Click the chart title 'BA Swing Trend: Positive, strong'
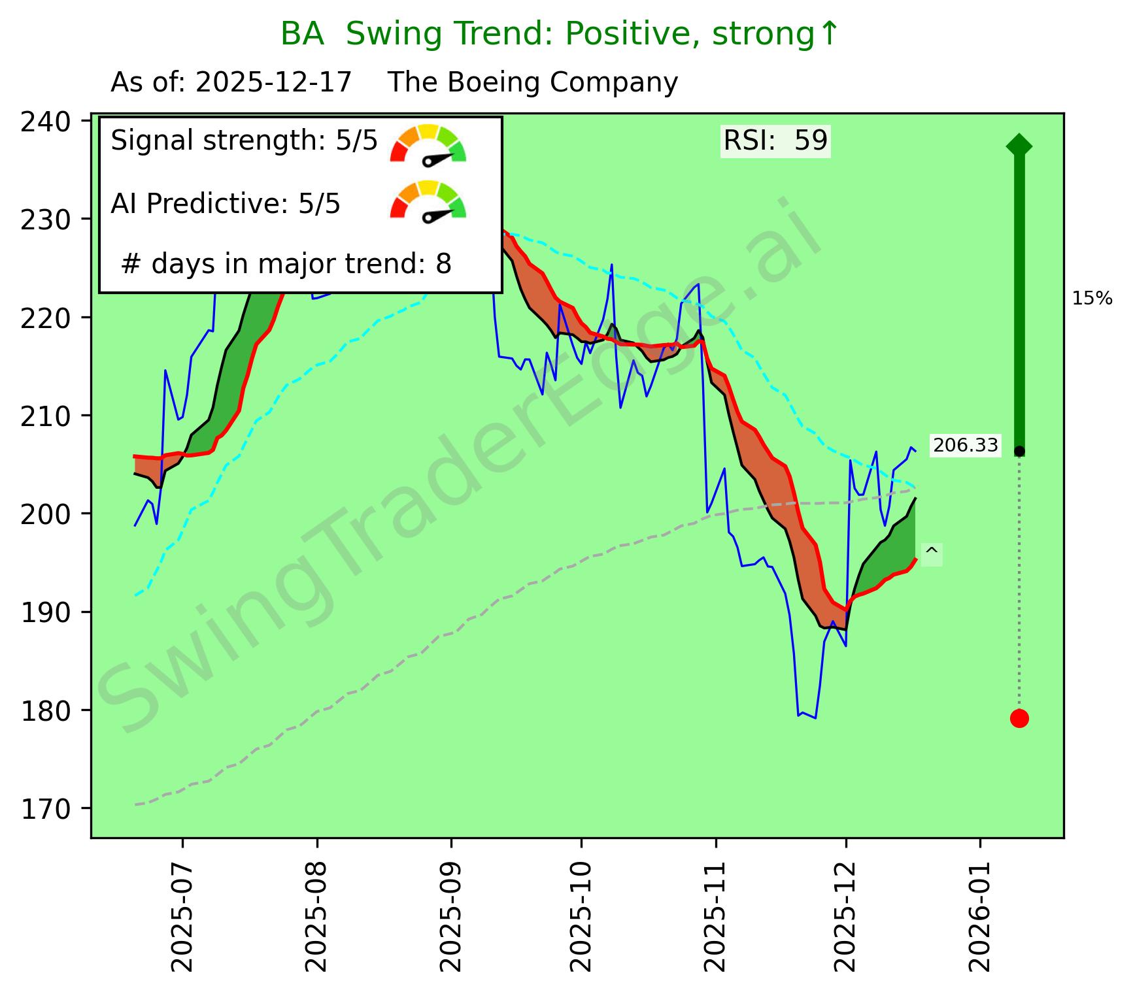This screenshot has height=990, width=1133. point(559,34)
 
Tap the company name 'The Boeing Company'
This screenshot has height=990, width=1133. point(533,83)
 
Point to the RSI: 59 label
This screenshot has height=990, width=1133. point(775,140)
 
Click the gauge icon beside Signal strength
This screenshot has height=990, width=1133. point(428,144)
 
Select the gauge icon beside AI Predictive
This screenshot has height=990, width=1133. point(428,200)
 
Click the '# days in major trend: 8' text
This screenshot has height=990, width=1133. point(286,264)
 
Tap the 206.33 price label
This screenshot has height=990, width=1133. point(966,446)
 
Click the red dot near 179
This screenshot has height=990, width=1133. point(1019,718)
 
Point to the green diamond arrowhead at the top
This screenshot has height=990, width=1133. point(1019,145)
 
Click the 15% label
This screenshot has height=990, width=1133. point(1092,299)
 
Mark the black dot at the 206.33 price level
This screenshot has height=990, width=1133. point(1019,452)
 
